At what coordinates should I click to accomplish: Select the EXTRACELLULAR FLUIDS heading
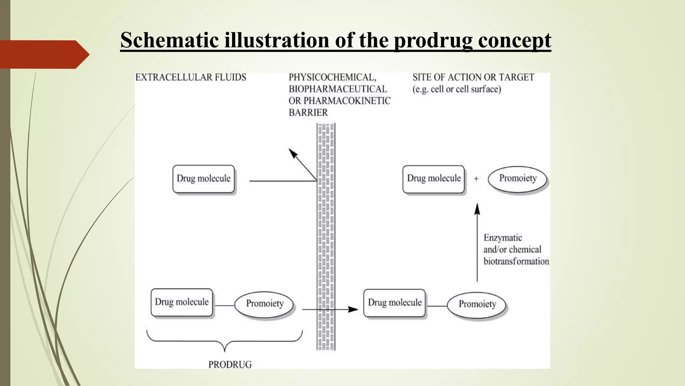tap(191, 77)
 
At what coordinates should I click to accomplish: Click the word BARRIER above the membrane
tap(308, 113)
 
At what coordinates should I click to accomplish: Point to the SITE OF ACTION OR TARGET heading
tap(473, 77)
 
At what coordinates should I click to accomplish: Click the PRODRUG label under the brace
tap(230, 365)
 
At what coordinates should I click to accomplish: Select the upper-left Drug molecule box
tap(203, 179)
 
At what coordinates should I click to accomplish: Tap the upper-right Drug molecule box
tap(433, 179)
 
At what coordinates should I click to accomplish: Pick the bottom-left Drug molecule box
tap(182, 302)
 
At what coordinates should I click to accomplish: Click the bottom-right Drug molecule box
tap(395, 303)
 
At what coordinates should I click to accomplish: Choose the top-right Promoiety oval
tap(517, 179)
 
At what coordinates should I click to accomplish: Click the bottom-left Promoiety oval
tap(264, 304)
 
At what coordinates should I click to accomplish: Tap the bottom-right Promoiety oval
tap(477, 305)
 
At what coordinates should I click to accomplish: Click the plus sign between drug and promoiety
tap(476, 179)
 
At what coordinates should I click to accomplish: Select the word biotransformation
tap(516, 261)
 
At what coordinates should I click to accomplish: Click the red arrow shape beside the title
tap(43, 54)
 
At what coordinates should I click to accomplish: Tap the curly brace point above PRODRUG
tap(224, 350)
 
